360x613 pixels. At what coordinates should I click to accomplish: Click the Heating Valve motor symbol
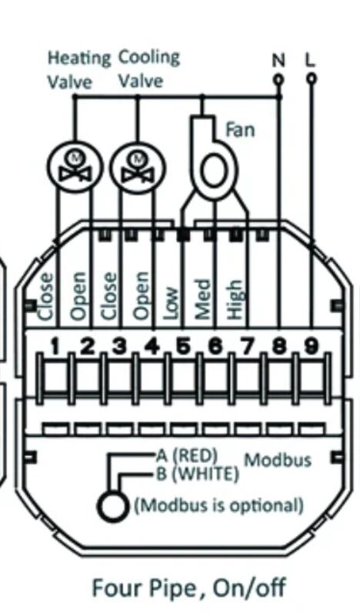[75, 166]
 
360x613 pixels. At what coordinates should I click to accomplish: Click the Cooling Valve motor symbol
[138, 166]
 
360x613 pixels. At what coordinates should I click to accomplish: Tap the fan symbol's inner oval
[214, 172]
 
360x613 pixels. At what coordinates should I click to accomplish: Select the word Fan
[240, 130]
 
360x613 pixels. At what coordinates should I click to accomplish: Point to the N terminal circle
[278, 79]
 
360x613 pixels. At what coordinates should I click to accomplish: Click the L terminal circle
[311, 79]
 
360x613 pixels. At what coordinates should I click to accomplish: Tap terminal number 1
[55, 347]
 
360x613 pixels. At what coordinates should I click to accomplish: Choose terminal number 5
[183, 347]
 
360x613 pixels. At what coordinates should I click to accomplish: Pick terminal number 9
[311, 347]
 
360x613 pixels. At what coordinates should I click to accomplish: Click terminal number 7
[247, 347]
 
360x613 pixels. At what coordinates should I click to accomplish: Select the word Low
[171, 304]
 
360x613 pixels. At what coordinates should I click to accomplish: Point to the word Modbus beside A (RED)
[278, 460]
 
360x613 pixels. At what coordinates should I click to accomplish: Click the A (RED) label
[187, 455]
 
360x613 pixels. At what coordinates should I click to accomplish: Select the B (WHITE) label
[198, 475]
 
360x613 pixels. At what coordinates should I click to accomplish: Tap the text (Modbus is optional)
[219, 505]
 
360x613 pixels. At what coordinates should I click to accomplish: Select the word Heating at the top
[79, 58]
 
